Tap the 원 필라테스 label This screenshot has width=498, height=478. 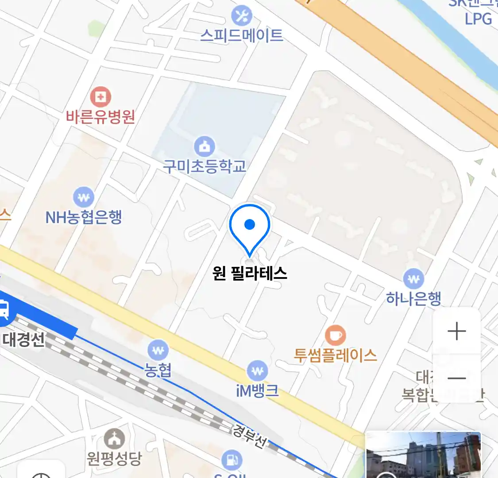click(250, 273)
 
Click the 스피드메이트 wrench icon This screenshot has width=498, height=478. click(242, 16)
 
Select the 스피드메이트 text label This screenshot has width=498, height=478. click(242, 35)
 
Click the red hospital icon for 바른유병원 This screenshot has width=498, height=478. click(100, 96)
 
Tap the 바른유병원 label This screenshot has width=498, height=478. click(100, 116)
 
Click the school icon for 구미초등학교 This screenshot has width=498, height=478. click(205, 146)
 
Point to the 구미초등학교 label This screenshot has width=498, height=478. click(205, 166)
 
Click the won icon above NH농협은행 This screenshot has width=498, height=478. click(84, 197)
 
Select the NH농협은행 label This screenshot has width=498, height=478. click(84, 217)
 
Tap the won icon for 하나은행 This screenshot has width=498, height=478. click(413, 279)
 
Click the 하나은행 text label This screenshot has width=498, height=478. click(413, 298)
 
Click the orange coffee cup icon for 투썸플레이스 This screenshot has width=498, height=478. click(336, 335)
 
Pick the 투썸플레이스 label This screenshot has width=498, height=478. click(336, 355)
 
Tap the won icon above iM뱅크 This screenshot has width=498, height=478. click(257, 370)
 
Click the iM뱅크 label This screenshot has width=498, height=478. click(257, 390)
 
